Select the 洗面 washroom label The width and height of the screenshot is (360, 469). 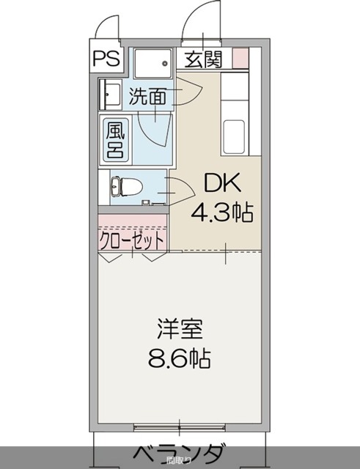[x=147, y=95]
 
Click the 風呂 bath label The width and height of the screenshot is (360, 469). [x=115, y=139]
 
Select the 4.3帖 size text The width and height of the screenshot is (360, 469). [x=221, y=213]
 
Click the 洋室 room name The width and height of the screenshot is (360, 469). [x=178, y=328]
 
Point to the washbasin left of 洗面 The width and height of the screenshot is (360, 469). [x=111, y=95]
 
